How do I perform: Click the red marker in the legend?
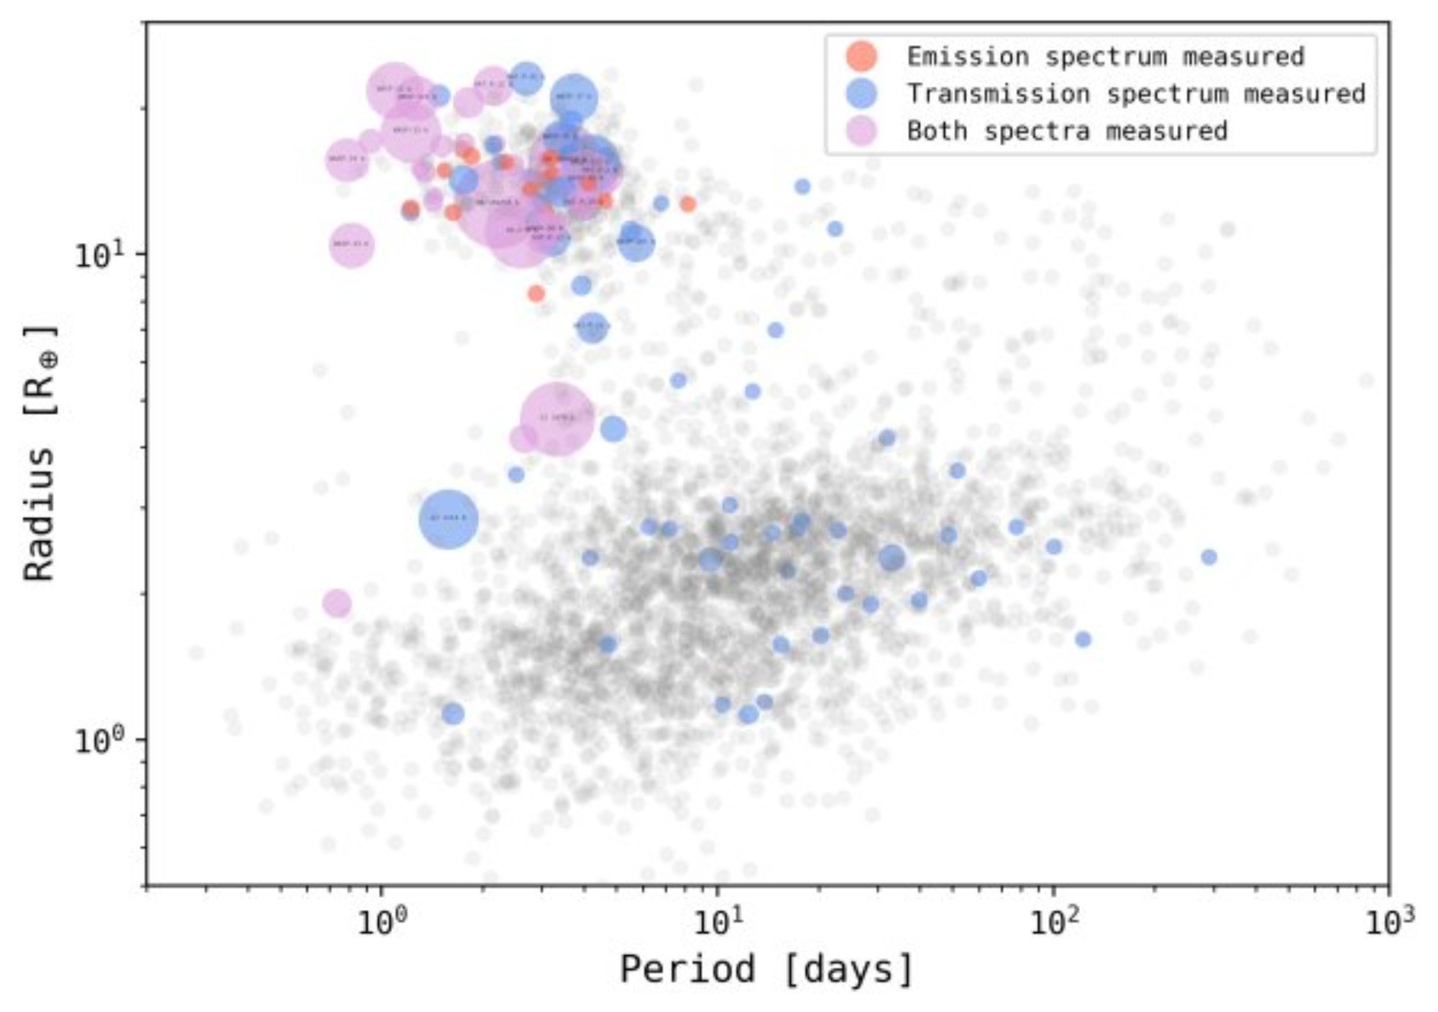click(861, 56)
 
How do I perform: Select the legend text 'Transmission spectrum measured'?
click(1136, 94)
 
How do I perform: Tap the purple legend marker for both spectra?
click(861, 132)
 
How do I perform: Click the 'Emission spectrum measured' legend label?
click(1105, 56)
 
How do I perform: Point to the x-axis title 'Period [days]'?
click(766, 970)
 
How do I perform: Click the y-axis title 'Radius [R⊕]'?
click(40, 453)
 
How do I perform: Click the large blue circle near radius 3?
click(448, 519)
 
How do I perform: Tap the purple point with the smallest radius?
click(336, 603)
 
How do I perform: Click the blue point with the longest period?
click(1209, 557)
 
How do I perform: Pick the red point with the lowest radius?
click(536, 293)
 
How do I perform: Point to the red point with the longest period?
click(688, 204)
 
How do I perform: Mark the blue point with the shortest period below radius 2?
click(452, 714)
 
